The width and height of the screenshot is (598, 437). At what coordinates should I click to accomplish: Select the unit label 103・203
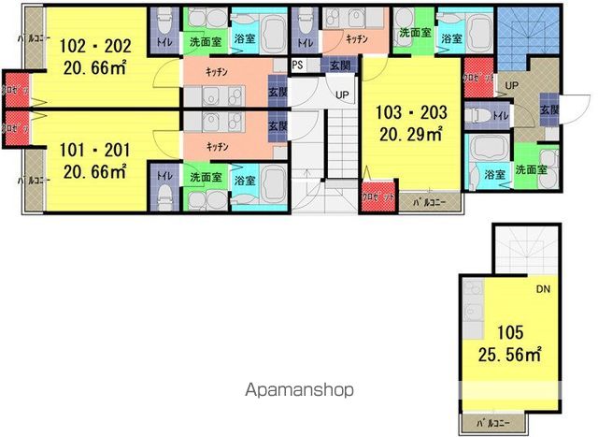[x=412, y=112]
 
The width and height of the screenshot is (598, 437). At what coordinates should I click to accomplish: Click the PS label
[x=298, y=66]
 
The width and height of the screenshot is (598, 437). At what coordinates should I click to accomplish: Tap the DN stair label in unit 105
[x=542, y=290]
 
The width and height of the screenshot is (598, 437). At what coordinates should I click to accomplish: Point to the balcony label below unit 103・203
[x=429, y=200]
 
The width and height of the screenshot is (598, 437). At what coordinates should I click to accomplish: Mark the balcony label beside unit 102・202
[x=35, y=38]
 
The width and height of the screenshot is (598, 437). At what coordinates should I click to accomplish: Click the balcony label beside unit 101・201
[x=35, y=178]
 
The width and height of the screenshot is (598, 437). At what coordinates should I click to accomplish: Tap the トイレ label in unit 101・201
[x=164, y=175]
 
